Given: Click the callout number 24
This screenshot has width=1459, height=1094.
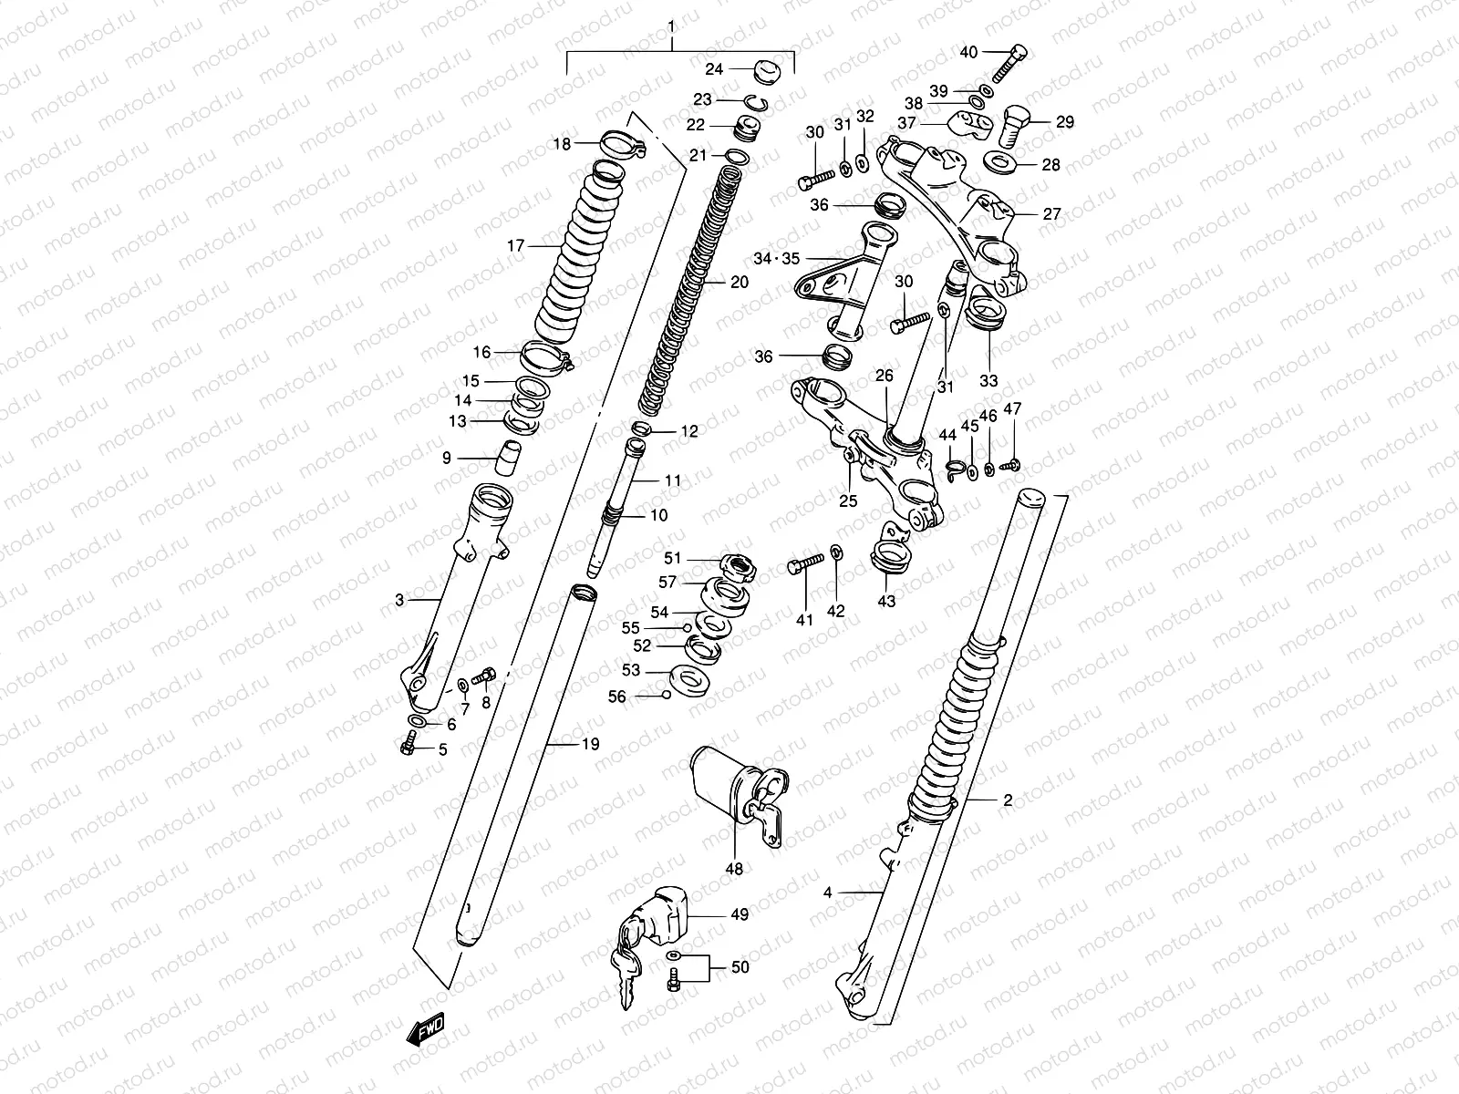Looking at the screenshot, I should coord(714,69).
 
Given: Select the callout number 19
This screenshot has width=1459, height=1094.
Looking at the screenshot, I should coord(590,744).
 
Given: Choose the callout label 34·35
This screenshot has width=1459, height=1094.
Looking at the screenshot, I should coord(776,258).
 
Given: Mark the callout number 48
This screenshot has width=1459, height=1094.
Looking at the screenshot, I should coord(734,869).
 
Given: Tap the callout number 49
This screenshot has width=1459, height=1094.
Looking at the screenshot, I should coord(740,913).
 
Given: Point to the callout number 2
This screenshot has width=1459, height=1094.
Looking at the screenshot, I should coord(1008,801).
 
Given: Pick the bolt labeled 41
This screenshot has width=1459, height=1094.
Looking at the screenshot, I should coord(803,568).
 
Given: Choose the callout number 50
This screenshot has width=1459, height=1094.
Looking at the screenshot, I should coord(740,966).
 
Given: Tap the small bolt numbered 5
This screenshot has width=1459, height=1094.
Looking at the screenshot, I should coord(408,748).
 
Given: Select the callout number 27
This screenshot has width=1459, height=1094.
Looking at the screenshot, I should coord(1051,214).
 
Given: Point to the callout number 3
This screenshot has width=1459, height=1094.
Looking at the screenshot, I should coord(399,600).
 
